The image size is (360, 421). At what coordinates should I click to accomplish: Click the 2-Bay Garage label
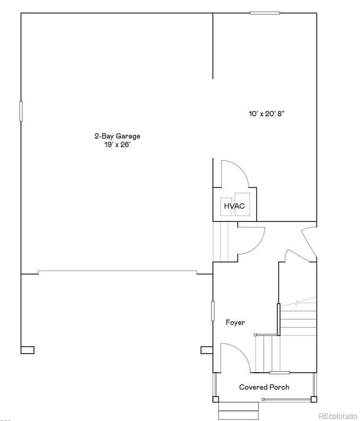coord(117,136)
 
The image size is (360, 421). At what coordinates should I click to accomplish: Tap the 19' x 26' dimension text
coord(117,144)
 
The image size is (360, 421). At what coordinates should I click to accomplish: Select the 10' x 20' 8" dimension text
coord(270,114)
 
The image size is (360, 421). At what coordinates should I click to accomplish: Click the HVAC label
coord(234,206)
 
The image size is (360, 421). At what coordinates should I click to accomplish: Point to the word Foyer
coord(235,322)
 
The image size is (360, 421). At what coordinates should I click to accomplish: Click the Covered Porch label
coord(264,387)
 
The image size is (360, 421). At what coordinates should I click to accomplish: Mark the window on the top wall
coord(264,13)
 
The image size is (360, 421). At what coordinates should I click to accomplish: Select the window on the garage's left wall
coord(21,111)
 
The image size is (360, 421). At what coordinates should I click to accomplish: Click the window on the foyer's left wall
coord(213,311)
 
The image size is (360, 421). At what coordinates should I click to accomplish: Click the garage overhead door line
coord(117,272)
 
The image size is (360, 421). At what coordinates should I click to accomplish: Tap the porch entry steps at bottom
coord(238,410)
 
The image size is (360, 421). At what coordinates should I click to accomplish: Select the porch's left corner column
coord(216,399)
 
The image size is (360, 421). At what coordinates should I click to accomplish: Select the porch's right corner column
coord(314,399)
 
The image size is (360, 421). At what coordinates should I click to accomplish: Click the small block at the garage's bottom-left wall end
coord(28,350)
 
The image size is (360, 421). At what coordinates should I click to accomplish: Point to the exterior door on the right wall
coord(310,242)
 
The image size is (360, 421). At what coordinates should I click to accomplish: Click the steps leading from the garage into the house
coord(220,242)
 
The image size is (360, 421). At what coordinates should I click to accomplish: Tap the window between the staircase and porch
coord(279,372)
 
